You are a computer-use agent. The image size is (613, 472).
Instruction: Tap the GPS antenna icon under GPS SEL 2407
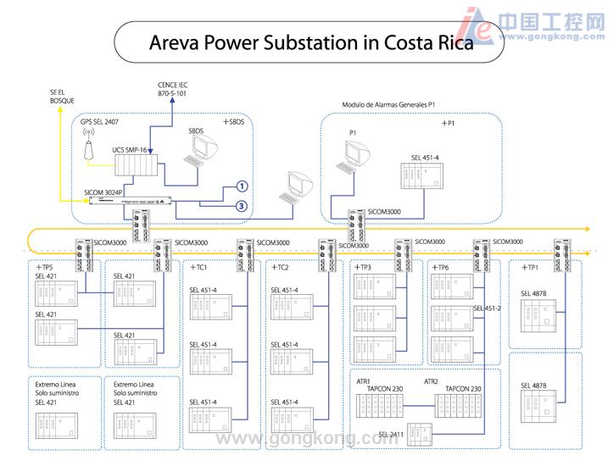88,150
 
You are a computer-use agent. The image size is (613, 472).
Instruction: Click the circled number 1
241,186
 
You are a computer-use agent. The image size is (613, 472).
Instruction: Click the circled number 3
241,205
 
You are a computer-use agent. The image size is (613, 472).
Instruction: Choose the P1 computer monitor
357,153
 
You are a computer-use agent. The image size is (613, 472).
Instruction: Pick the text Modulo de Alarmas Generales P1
387,105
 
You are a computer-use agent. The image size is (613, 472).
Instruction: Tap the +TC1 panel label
199,268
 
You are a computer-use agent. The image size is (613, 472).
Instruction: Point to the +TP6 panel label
439,268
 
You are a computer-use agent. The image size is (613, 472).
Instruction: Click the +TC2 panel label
280,268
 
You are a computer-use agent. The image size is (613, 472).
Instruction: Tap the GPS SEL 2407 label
100,122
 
